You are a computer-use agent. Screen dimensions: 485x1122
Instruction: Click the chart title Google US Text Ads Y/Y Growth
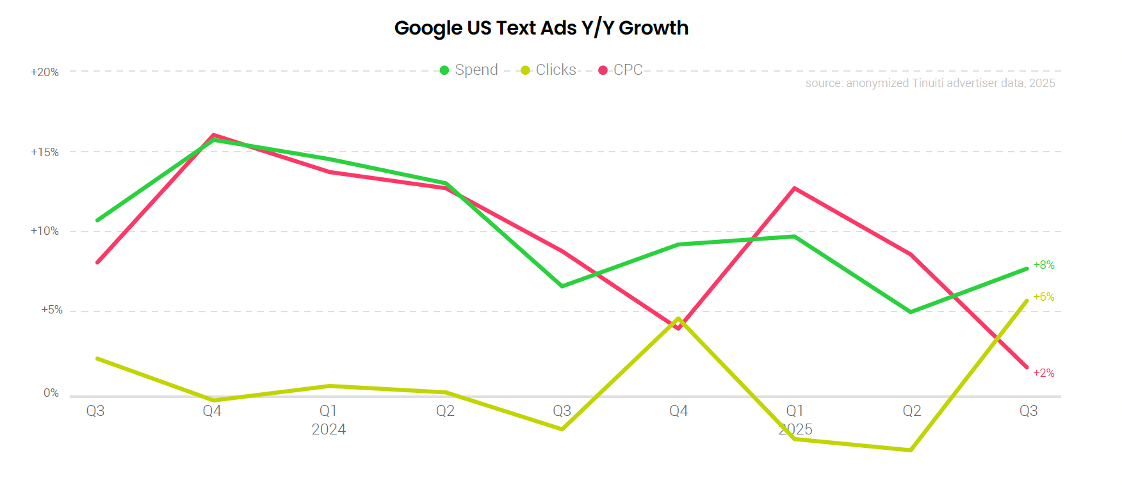click(541, 28)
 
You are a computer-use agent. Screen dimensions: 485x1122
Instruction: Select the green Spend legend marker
click(444, 70)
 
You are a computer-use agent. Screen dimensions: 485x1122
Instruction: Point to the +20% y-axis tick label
click(45, 72)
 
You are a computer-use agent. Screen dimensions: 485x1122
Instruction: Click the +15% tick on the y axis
click(45, 152)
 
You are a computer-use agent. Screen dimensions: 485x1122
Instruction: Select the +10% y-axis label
click(45, 231)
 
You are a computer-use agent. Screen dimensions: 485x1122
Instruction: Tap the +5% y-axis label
click(52, 310)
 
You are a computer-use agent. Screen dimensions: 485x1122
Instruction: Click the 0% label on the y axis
click(51, 393)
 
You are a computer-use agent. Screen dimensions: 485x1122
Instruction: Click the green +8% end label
click(1044, 265)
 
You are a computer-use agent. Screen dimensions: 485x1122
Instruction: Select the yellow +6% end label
click(1044, 297)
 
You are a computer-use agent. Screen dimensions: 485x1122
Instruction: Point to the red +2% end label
click(1044, 373)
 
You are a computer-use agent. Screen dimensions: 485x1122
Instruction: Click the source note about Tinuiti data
click(930, 83)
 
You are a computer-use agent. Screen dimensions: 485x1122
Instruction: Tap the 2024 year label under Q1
click(329, 429)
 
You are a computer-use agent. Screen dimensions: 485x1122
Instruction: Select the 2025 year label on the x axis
click(795, 429)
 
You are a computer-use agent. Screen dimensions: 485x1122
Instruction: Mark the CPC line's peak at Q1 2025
click(795, 188)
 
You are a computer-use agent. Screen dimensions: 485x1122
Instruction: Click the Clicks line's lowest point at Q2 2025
click(911, 450)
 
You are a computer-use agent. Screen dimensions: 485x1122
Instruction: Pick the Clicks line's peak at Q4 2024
click(678, 319)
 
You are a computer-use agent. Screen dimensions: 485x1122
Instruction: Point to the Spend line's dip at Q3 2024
click(562, 286)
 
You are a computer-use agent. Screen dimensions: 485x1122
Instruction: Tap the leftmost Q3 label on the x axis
click(95, 411)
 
